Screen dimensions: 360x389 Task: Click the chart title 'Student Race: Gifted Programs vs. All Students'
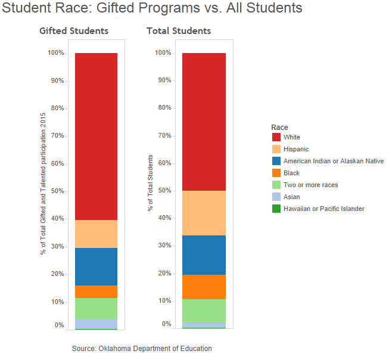pyautogui.click(x=153, y=8)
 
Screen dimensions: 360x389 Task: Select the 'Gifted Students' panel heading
pyautogui.click(x=74, y=31)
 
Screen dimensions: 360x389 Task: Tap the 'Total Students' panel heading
pyautogui.click(x=179, y=31)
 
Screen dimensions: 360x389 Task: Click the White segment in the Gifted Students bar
pyautogui.click(x=96, y=136)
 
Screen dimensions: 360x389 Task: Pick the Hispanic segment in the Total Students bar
pyautogui.click(x=203, y=213)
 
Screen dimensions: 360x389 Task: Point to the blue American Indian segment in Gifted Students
pyautogui.click(x=96, y=266)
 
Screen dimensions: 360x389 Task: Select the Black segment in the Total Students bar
pyautogui.click(x=203, y=287)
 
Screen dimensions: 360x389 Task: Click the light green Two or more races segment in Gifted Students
pyautogui.click(x=96, y=308)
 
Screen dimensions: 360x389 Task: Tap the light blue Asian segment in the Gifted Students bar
pyautogui.click(x=96, y=324)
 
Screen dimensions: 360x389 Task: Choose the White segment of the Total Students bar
pyautogui.click(x=203, y=122)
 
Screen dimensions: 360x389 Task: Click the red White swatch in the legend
pyautogui.click(x=276, y=137)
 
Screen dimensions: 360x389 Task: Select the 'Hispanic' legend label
pyautogui.click(x=296, y=149)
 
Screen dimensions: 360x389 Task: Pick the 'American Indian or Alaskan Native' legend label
pyautogui.click(x=334, y=161)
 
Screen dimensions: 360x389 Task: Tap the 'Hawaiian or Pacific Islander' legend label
pyautogui.click(x=324, y=209)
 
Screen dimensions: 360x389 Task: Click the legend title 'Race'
pyautogui.click(x=279, y=127)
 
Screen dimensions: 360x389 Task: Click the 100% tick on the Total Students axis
pyautogui.click(x=163, y=53)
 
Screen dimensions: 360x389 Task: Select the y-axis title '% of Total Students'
pyautogui.click(x=151, y=183)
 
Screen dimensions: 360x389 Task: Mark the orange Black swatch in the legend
pyautogui.click(x=276, y=173)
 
